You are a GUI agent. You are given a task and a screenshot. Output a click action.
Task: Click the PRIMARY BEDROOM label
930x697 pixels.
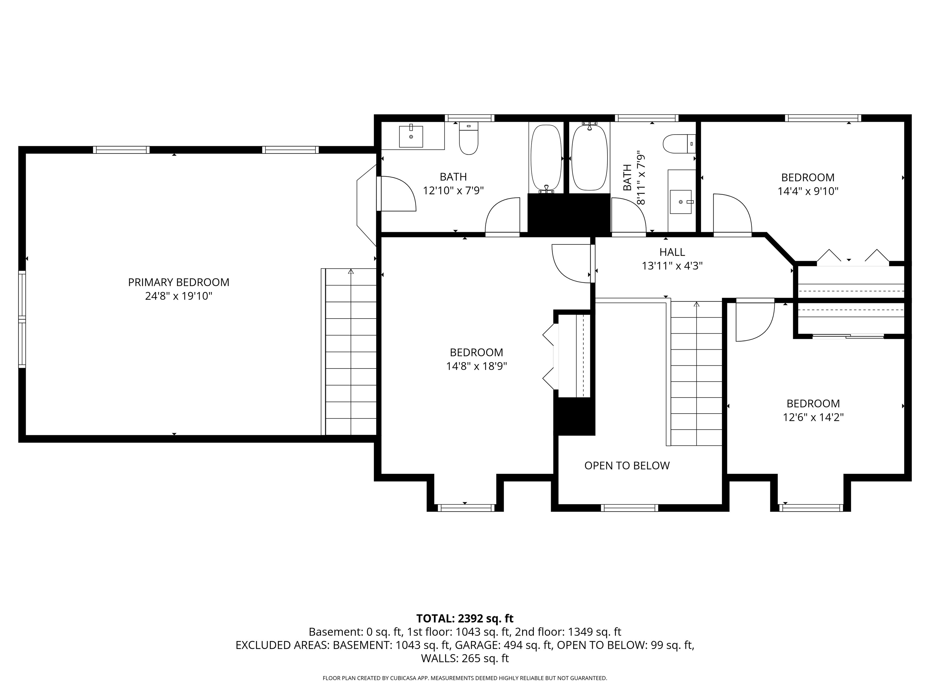[179, 282]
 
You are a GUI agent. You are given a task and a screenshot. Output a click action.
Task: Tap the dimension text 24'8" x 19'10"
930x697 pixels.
[179, 296]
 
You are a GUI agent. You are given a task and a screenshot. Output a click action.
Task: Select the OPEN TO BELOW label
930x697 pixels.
[627, 466]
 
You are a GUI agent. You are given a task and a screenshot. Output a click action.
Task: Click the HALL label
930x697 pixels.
[672, 252]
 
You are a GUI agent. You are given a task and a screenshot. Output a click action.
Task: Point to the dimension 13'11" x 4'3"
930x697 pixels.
[672, 266]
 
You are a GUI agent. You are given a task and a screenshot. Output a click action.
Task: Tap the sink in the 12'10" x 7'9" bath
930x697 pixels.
[411, 136]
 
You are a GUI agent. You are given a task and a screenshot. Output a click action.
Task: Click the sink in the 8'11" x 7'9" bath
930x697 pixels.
[681, 202]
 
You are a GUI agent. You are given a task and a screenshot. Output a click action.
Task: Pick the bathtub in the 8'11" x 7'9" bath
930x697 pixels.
[590, 158]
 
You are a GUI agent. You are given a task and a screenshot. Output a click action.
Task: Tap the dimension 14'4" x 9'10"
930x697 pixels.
[808, 191]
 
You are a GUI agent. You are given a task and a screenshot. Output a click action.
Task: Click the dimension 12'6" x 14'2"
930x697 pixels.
[813, 417]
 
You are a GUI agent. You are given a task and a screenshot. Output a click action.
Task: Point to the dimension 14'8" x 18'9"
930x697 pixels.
[476, 366]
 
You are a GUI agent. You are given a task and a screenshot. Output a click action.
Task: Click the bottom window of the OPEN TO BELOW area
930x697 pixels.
[629, 508]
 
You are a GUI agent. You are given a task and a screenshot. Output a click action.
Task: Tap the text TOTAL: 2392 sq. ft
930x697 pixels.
[465, 618]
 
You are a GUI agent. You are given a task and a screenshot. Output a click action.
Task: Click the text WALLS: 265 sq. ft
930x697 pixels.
[465, 658]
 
